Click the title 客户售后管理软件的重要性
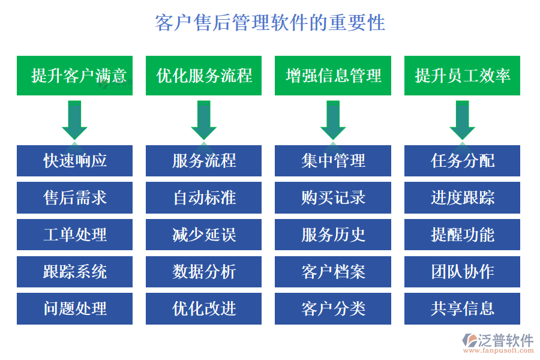[x=270, y=23]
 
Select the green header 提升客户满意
[x=74, y=76]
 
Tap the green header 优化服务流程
[x=203, y=76]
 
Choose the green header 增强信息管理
[x=333, y=76]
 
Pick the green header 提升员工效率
[x=462, y=76]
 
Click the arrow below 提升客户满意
[x=74, y=120]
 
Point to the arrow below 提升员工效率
[x=462, y=120]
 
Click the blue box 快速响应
[x=74, y=161]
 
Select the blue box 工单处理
[x=74, y=235]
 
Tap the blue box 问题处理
[x=74, y=308]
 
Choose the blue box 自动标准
[x=203, y=197]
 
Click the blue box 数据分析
[x=203, y=272]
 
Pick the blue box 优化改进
[x=203, y=308]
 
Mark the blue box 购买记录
[x=333, y=197]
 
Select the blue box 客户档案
[x=333, y=272]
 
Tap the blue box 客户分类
[x=333, y=308]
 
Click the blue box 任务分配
[x=462, y=161]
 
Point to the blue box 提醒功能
[x=462, y=235]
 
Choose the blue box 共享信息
[x=462, y=308]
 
